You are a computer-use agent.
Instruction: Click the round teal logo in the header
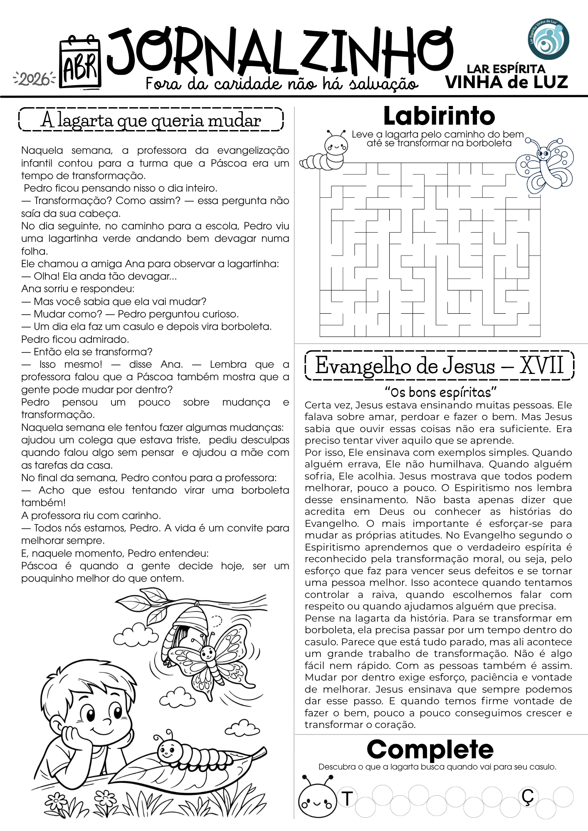[x=549, y=39]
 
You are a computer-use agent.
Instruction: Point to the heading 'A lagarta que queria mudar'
[x=151, y=120]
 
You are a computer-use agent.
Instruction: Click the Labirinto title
[x=439, y=116]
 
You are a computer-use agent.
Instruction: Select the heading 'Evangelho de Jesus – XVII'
[x=439, y=366]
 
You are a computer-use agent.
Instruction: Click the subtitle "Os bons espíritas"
[x=440, y=392]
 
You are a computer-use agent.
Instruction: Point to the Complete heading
[x=430, y=750]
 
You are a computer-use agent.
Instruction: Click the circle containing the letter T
[x=347, y=798]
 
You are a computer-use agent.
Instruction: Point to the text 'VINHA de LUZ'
[x=506, y=82]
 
